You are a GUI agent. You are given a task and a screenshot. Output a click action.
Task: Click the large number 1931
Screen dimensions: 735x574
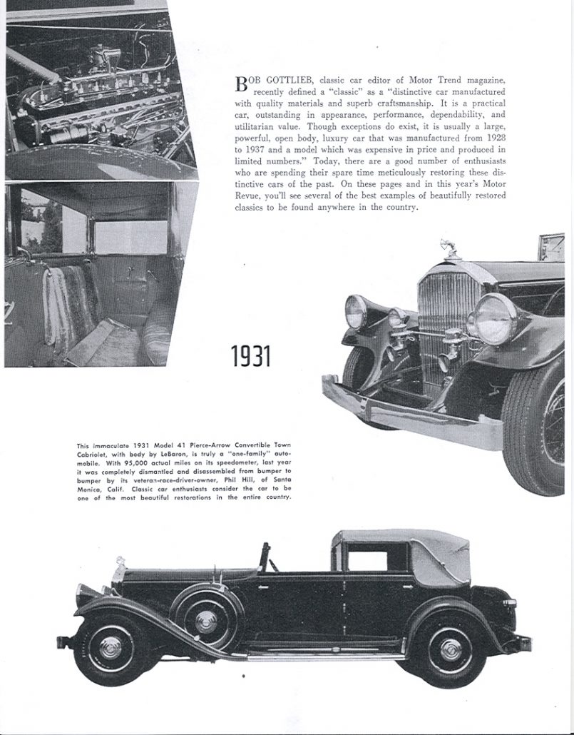251,355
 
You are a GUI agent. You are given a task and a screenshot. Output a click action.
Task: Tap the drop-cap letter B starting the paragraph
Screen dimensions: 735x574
242,83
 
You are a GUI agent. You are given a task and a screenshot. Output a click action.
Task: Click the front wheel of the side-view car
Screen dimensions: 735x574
110,648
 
